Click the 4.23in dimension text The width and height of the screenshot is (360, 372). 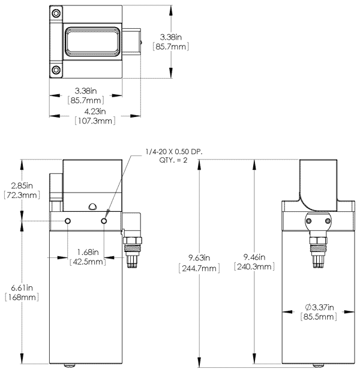pos(95,111)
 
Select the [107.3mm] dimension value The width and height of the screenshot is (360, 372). pos(95,121)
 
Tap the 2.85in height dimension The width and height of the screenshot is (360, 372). pos(21,185)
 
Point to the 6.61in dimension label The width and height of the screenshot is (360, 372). pos(21,287)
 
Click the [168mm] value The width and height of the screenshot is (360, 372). pos(21,298)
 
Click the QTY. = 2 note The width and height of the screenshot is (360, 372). pos(174,160)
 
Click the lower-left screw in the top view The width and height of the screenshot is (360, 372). pos(57,70)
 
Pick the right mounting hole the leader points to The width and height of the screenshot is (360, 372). pos(104,221)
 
